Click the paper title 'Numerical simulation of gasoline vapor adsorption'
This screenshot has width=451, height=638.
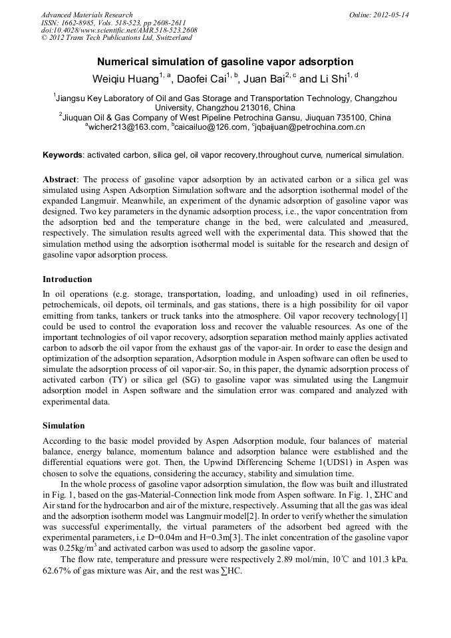(x=225, y=62)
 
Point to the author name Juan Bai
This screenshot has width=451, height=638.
(x=264, y=79)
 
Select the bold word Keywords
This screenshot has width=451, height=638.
(x=63, y=155)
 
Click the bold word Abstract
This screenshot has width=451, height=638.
(x=60, y=180)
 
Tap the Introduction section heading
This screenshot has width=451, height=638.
(x=67, y=279)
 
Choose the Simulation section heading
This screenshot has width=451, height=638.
(x=64, y=424)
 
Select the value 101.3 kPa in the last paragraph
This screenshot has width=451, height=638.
(x=388, y=559)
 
